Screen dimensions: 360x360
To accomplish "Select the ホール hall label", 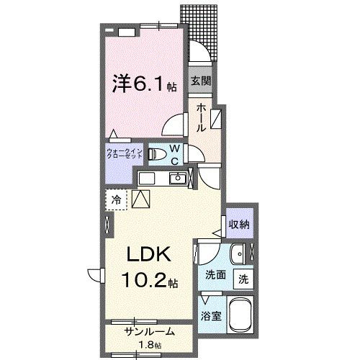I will click(202, 115).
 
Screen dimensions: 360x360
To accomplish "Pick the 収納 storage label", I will click(240, 224).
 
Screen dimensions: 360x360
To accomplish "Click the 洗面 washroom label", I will click(214, 274).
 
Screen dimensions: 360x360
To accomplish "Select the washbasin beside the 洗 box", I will click(240, 253).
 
